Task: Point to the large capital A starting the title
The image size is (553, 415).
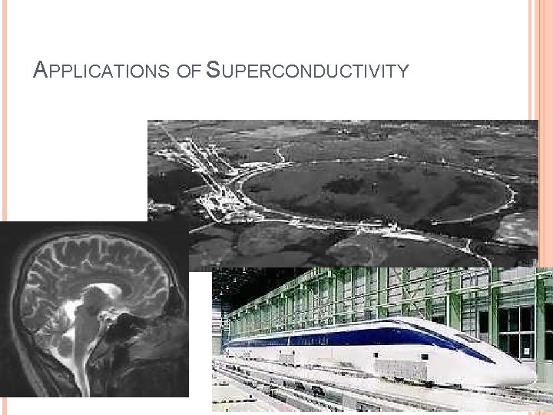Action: [41, 71]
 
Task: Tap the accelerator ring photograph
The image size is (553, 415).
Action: [346, 177]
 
